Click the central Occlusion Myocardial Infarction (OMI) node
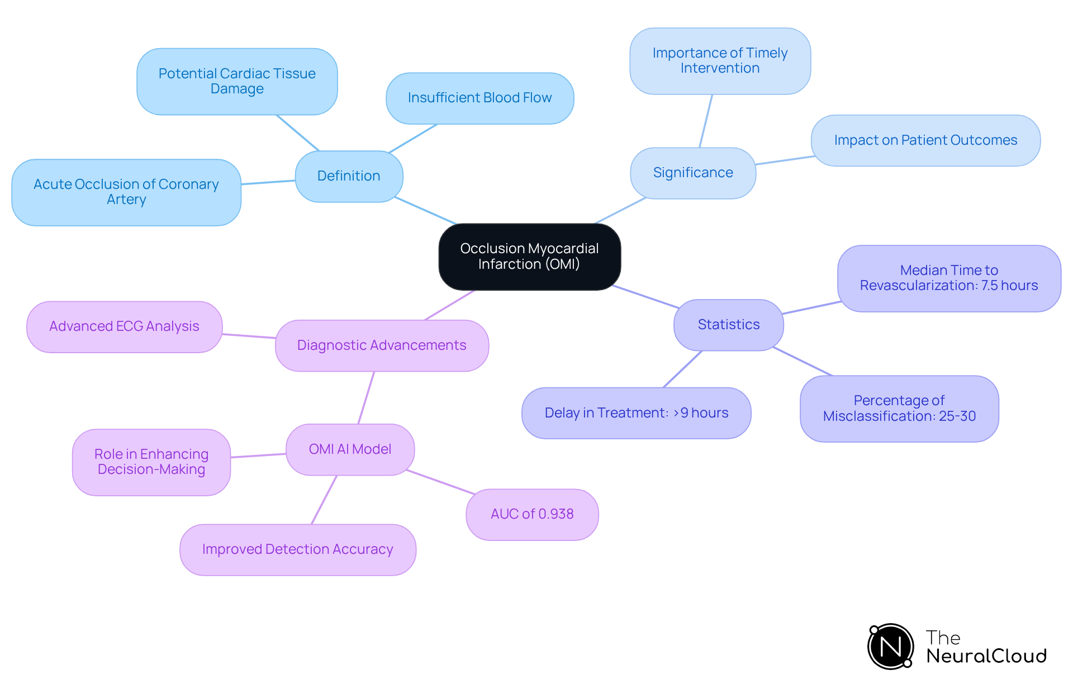tap(529, 257)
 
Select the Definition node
tap(349, 176)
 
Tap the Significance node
tap(692, 173)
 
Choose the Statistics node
tap(728, 325)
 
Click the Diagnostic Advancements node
tap(382, 345)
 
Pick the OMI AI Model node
tap(350, 449)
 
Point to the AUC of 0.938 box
tap(532, 514)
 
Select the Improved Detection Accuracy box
tap(297, 549)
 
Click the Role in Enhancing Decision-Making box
tap(151, 462)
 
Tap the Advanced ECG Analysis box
tap(124, 326)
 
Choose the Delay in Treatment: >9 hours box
tap(636, 413)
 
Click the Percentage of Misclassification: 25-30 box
tap(899, 409)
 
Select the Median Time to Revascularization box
tap(948, 278)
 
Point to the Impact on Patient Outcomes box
tap(925, 140)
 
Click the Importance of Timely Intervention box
tap(720, 61)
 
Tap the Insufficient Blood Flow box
tap(479, 98)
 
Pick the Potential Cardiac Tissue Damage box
tap(237, 82)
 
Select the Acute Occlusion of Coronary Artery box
tap(126, 192)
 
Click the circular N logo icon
tap(890, 647)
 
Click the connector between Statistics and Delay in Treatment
tap(682, 369)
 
